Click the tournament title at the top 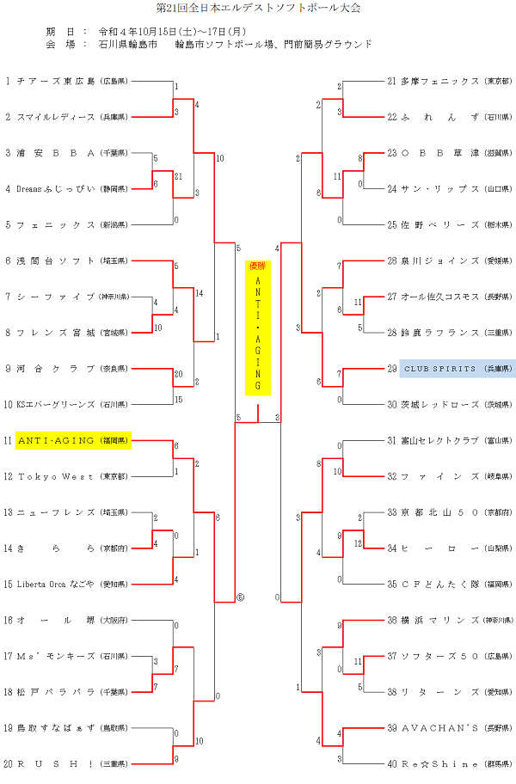[x=259, y=9]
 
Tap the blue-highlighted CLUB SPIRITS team [x=451, y=369]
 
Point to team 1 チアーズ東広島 [x=65, y=82]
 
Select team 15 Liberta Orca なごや [x=57, y=584]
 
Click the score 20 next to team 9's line [x=178, y=374]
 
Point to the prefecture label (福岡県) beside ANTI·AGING [x=114, y=440]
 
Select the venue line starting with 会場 [x=206, y=44]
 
